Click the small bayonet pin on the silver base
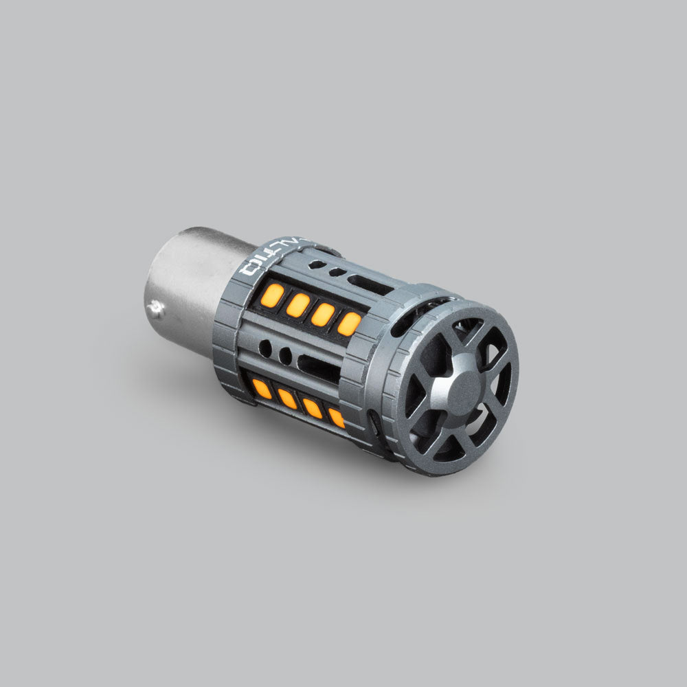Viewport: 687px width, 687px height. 159,311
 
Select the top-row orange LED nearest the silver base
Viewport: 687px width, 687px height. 273,295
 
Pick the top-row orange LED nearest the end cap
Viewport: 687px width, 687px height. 348,324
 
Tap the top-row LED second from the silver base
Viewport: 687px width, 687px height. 298,304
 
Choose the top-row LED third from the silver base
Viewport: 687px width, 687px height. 323,314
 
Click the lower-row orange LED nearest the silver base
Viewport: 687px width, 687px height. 262,389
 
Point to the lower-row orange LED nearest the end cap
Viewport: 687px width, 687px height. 337,417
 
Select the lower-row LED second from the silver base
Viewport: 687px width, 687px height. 288,398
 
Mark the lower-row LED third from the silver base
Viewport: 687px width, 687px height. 313,408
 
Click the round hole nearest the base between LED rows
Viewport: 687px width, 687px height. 265,348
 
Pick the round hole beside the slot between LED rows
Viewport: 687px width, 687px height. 284,356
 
